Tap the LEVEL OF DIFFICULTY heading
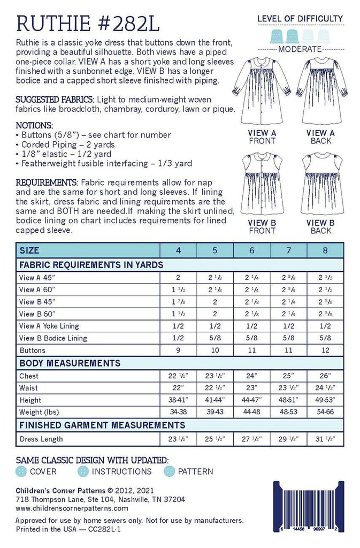pos(300,19)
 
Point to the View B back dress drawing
pos(320,184)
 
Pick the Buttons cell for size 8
pos(326,351)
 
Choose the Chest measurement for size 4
pos(179,376)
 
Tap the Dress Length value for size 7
pos(289,439)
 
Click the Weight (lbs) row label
pos(39,413)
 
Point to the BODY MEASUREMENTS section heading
pos(70,363)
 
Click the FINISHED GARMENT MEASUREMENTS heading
pos(102,425)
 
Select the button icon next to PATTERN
pos(168,471)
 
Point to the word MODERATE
pos(300,49)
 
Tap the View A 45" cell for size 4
pos(179,277)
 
